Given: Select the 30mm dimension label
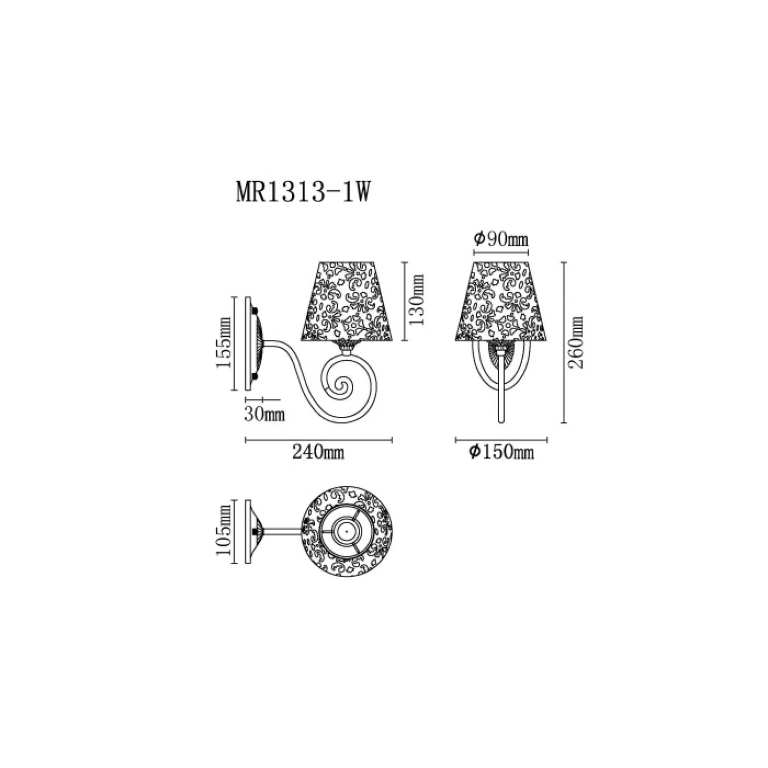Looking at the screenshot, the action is point(264,414).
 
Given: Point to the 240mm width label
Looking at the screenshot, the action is point(318,452).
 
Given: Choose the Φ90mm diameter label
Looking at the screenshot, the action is point(501,239).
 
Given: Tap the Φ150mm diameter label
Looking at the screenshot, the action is point(502,452).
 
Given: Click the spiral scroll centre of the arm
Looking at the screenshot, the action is point(339,387).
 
